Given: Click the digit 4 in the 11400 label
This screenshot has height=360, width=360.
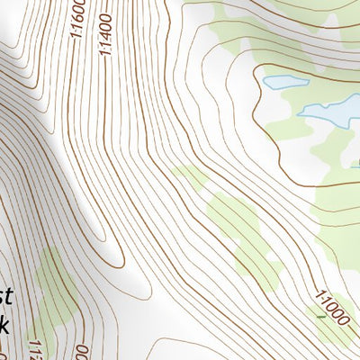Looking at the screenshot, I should click(x=107, y=40).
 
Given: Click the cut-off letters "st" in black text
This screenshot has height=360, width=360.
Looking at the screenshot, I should click(x=5, y=297).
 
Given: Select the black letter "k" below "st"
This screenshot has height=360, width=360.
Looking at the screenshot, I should click(x=4, y=326).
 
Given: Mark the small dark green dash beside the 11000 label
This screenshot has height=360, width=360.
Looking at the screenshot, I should click(x=320, y=316).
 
